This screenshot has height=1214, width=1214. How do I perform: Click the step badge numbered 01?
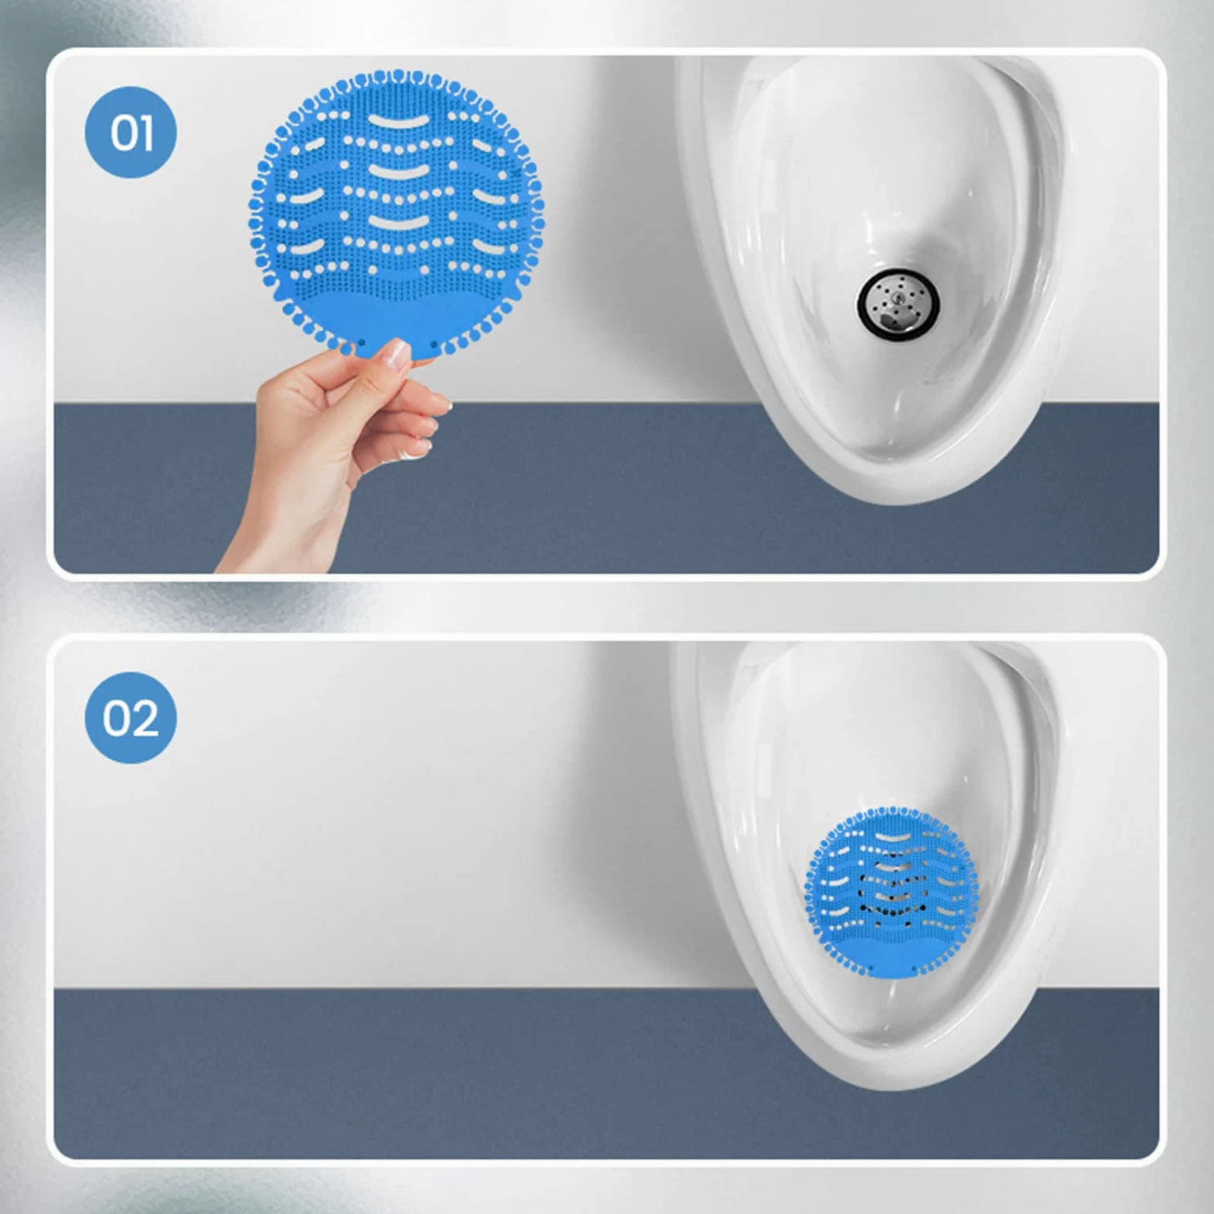(x=130, y=132)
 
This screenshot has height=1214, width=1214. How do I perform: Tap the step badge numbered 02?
(x=130, y=717)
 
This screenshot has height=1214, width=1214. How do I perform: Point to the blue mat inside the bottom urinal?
(x=892, y=891)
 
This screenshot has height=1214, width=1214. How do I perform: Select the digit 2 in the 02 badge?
(x=145, y=718)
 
